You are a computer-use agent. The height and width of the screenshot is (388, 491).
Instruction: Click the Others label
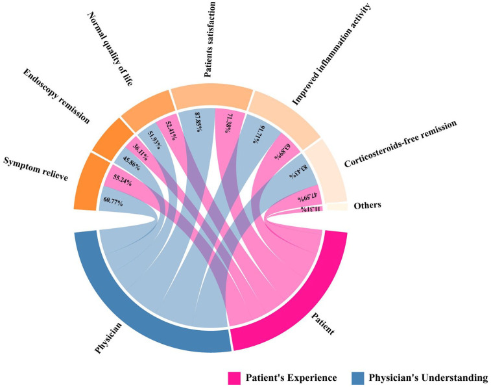coord(366,205)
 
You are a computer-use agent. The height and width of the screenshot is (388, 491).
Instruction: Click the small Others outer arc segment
coord(336,207)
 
